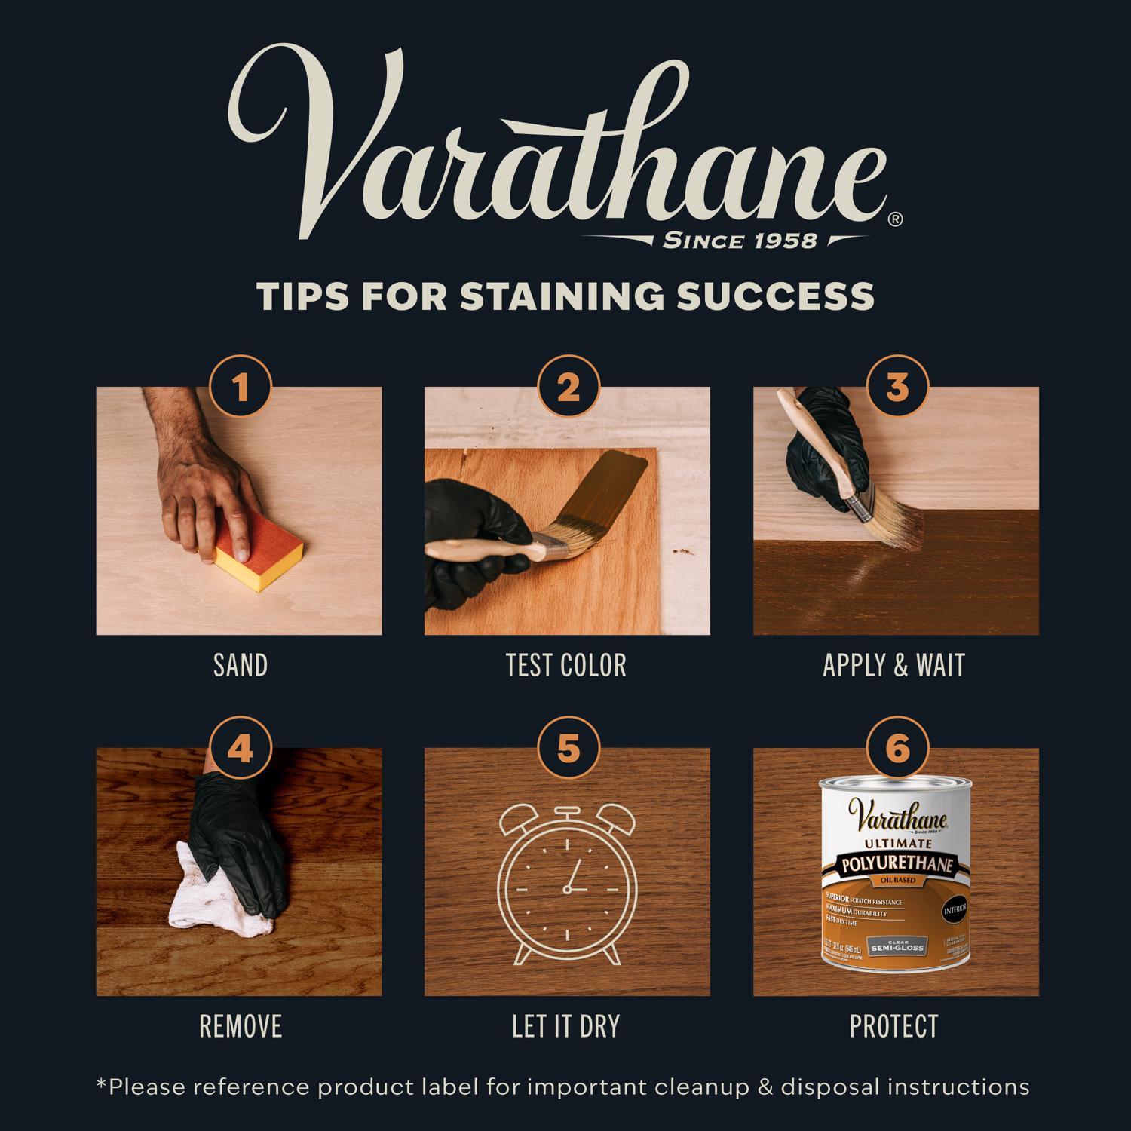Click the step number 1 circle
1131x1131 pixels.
pyautogui.click(x=240, y=389)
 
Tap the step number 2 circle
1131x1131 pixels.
pyautogui.click(x=568, y=389)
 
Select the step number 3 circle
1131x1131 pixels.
pyautogui.click(x=897, y=389)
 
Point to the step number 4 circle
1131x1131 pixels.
pyautogui.click(x=240, y=750)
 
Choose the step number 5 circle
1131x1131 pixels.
pyautogui.click(x=568, y=750)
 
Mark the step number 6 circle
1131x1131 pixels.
pyautogui.click(x=897, y=750)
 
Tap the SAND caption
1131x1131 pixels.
pyautogui.click(x=240, y=665)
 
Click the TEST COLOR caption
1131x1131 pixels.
pyautogui.click(x=566, y=665)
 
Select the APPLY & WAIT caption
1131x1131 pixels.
pyautogui.click(x=894, y=665)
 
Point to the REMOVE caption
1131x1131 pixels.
pyautogui.click(x=240, y=1026)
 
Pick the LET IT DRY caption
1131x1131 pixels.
pyautogui.click(x=566, y=1026)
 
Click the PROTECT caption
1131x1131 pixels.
pyautogui.click(x=894, y=1026)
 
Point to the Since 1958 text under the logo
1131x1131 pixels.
pyautogui.click(x=739, y=241)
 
